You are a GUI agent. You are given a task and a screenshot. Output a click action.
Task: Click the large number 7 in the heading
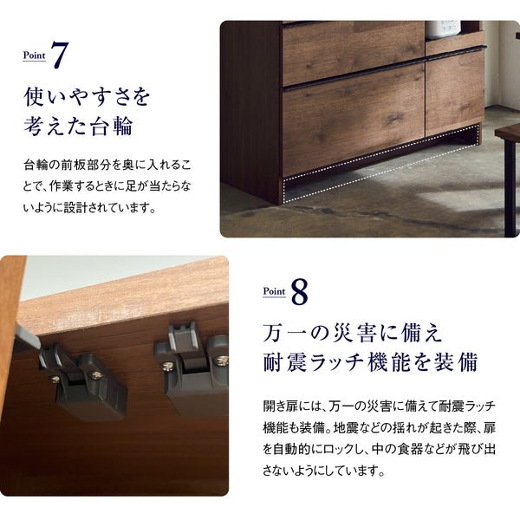(x=59, y=54)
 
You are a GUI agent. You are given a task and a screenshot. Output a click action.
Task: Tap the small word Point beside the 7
(x=35, y=55)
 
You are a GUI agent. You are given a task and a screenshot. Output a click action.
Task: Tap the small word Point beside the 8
(x=274, y=294)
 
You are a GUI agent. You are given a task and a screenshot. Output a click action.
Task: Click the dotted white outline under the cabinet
(x=381, y=165)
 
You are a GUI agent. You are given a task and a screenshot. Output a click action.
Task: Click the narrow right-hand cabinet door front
(x=454, y=91)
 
